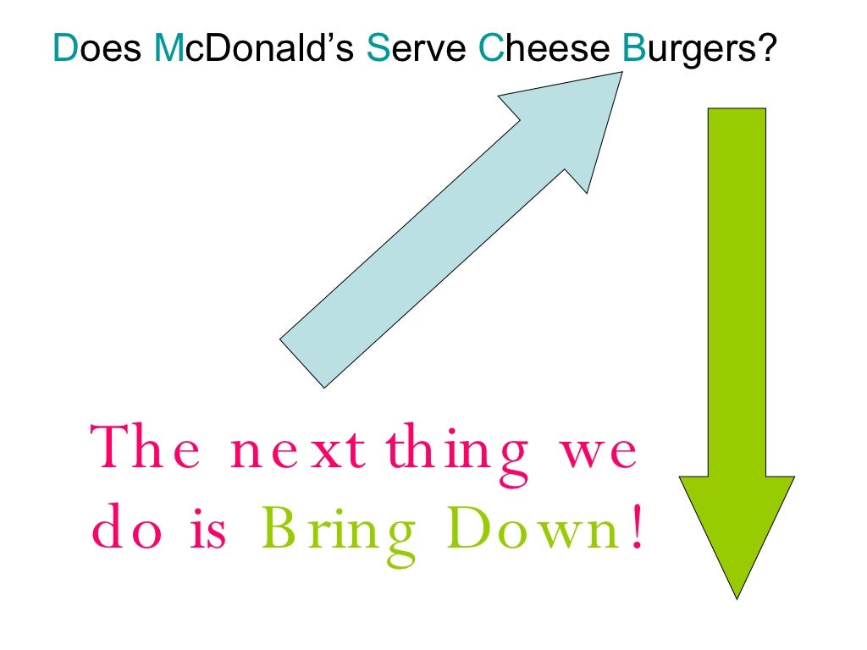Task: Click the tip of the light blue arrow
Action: pyautogui.click(x=621, y=74)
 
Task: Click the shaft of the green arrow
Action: pyautogui.click(x=737, y=288)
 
